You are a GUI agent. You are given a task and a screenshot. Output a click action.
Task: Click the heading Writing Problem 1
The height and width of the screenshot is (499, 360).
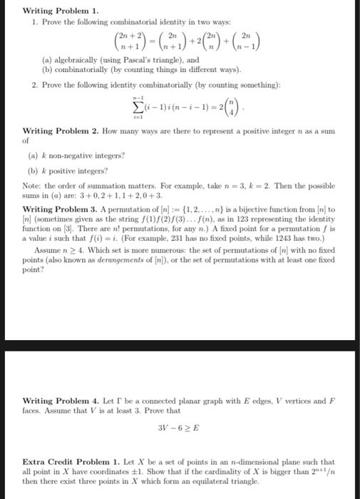[x=51, y=11]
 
